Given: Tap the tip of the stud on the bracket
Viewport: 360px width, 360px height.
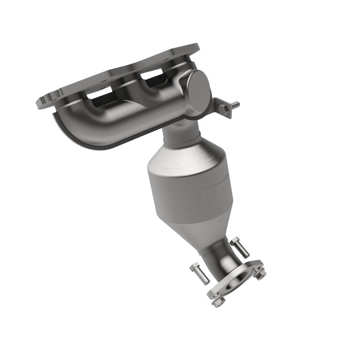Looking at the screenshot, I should (238, 104).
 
